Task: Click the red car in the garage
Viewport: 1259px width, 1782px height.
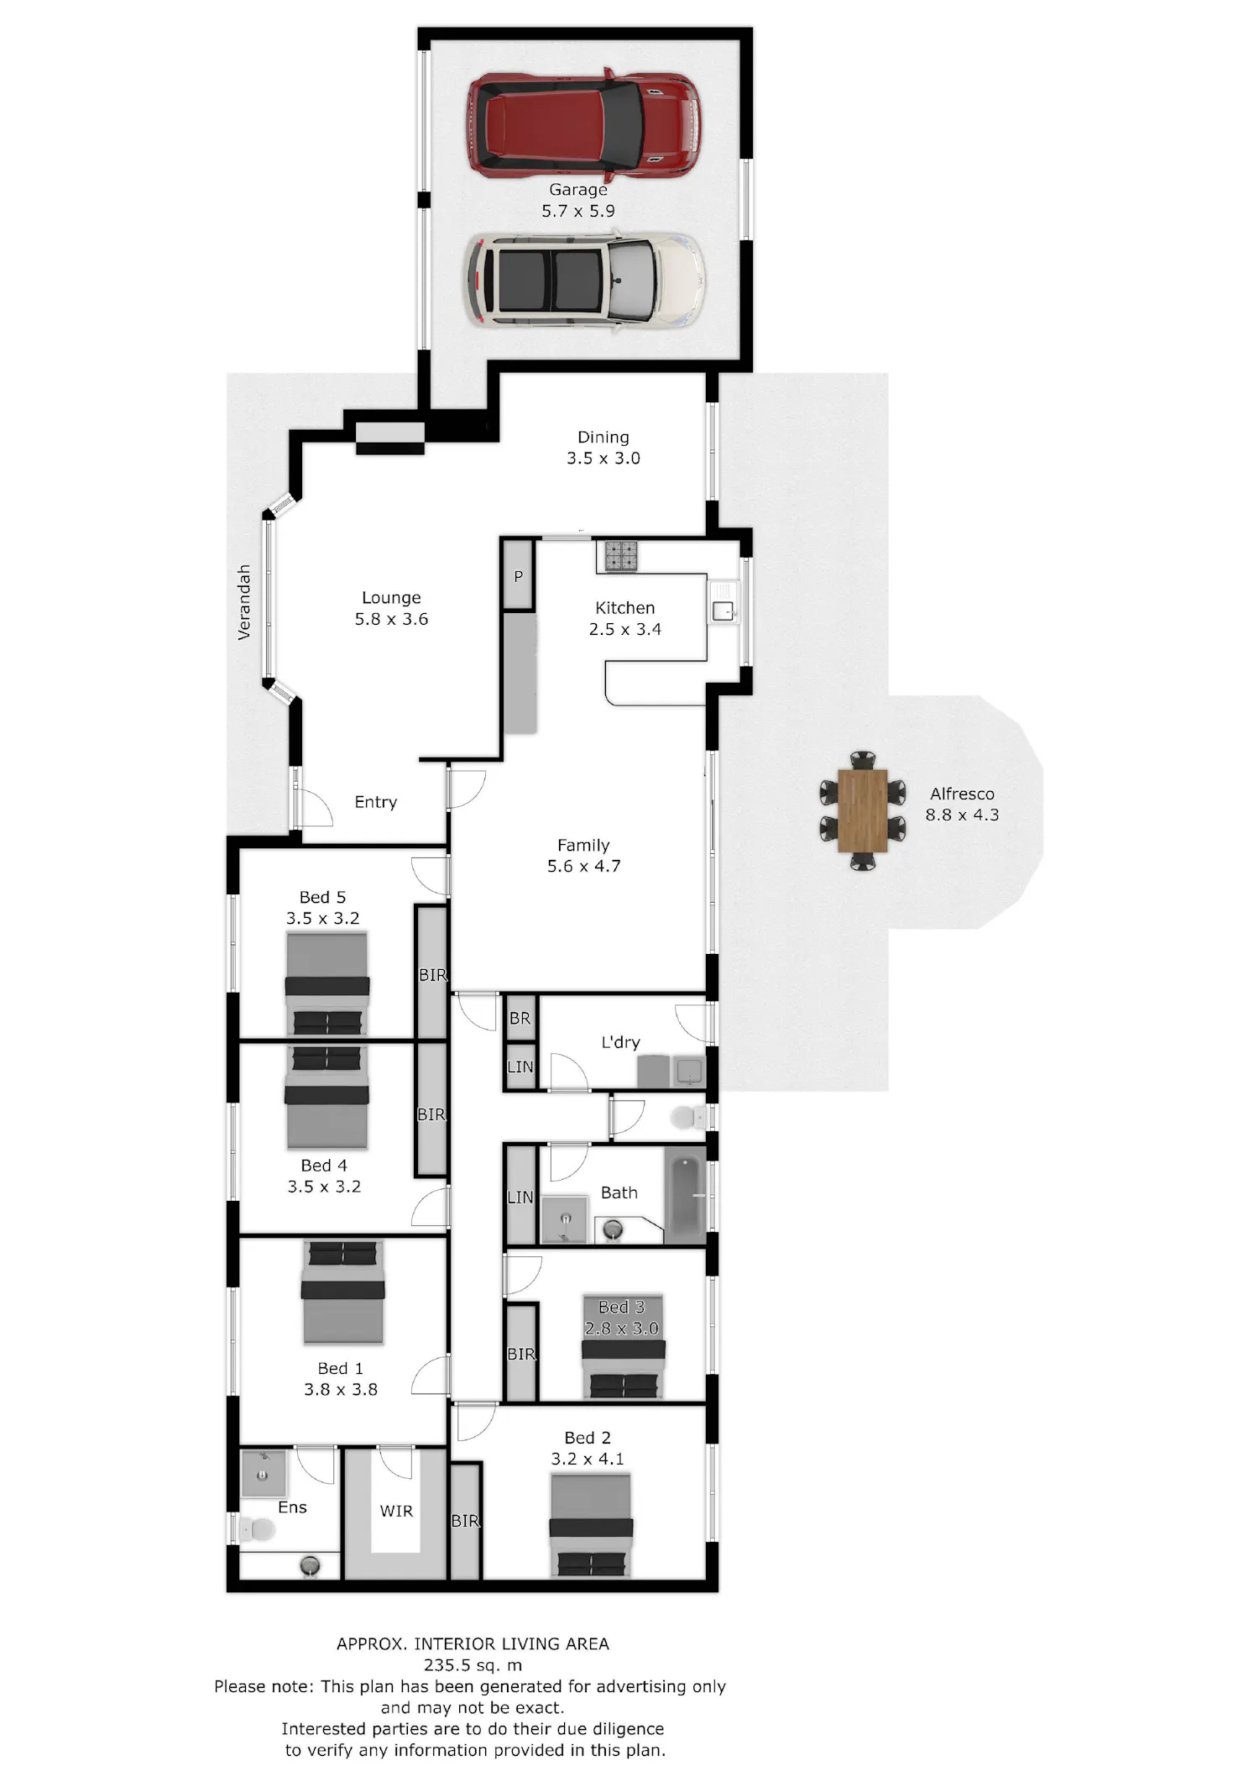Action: point(584,126)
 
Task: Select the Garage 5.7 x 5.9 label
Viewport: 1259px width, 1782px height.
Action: point(578,201)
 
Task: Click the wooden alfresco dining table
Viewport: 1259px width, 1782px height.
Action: point(862,810)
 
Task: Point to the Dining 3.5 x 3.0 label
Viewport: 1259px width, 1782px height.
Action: point(603,448)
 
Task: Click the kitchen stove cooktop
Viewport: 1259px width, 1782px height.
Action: point(621,555)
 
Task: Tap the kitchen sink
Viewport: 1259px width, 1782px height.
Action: point(723,611)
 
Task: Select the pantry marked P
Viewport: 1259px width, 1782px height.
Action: point(518,576)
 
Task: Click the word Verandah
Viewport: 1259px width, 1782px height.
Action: point(244,602)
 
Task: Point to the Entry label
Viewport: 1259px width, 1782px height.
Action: point(375,802)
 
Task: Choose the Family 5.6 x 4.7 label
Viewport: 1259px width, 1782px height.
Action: point(583,856)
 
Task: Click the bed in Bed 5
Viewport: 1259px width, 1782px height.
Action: point(327,985)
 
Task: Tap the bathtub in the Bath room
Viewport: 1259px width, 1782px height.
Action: point(686,1196)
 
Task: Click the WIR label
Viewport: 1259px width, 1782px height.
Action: point(396,1512)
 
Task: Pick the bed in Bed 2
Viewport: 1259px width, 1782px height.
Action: point(591,1524)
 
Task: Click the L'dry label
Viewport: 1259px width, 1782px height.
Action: point(620,1043)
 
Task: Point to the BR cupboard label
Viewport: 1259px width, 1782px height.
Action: point(520,1018)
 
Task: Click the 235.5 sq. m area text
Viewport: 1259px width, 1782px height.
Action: point(473,1665)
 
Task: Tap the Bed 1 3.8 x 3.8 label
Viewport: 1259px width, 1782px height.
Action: point(341,1379)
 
